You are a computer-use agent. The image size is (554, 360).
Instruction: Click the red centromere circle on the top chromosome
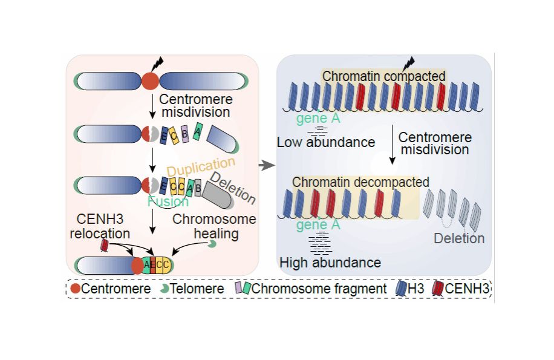click(150, 81)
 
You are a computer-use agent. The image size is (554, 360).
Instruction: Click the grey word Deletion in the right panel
click(459, 238)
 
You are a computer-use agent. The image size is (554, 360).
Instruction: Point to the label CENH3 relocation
click(103, 226)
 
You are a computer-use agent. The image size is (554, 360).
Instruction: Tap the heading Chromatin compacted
click(383, 76)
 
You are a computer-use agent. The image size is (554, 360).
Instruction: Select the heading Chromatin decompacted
click(360, 182)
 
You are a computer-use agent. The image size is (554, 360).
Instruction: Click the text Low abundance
click(326, 142)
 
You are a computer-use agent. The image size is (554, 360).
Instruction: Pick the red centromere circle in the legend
click(75, 289)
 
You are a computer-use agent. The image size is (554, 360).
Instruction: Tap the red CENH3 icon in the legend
click(437, 289)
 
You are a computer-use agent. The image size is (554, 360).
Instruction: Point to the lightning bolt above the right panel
click(409, 63)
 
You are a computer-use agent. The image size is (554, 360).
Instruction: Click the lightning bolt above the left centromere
click(158, 62)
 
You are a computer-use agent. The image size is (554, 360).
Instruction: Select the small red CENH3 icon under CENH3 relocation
click(105, 244)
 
